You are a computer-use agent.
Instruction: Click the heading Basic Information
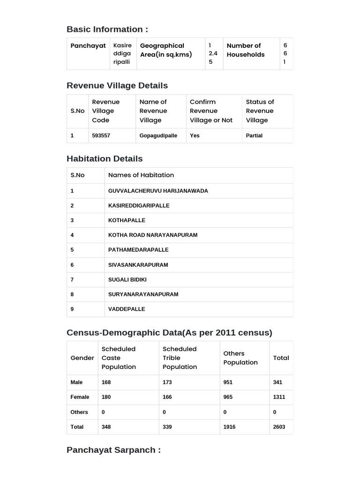point(107,30)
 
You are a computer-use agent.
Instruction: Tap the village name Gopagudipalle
point(158,135)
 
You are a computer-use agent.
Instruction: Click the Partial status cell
point(254,135)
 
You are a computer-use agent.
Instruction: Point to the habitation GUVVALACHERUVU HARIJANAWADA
point(158,191)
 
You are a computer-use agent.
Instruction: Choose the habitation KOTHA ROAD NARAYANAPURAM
point(153,235)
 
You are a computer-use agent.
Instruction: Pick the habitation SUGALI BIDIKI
point(127,279)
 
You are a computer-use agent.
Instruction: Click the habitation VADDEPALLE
point(127,309)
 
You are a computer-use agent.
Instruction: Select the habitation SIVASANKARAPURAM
point(138,265)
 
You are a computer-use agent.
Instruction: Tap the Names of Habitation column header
point(141,175)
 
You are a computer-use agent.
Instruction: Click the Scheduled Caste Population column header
point(119,358)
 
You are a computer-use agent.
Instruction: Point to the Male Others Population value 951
point(228,382)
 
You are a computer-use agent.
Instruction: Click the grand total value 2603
point(279,427)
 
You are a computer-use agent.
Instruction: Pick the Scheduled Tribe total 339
point(167,427)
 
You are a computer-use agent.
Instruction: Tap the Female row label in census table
point(80,397)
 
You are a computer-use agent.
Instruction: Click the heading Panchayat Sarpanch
point(113,450)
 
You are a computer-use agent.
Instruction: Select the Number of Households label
point(246,50)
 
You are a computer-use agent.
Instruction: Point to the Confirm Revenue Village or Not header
point(211,111)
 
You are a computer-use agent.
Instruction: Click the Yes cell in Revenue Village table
point(195,135)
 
